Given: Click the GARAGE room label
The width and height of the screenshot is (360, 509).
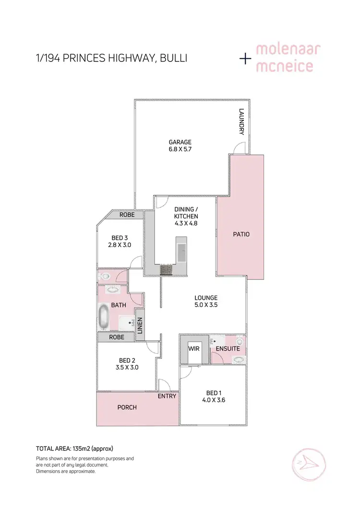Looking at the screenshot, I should pos(180,142).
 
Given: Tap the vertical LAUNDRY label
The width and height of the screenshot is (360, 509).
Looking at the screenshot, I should pos(242,122).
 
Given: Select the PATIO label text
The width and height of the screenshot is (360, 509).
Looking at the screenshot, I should pos(240,235).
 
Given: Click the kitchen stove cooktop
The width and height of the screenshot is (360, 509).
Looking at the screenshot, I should pos(166,270).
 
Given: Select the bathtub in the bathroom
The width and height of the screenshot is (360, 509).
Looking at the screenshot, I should pos(104,317).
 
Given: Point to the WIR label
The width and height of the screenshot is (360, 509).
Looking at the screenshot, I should pos(194,349).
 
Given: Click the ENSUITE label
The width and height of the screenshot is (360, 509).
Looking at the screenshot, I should pos(228,349).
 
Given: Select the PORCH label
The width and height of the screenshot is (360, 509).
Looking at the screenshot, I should pos(127,407).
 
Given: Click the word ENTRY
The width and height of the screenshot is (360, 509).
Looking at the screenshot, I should pos(167,396).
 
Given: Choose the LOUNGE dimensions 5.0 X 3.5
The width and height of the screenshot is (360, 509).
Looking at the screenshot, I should pos(206,305).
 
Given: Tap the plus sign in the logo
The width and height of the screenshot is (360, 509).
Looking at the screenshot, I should pos(246,59).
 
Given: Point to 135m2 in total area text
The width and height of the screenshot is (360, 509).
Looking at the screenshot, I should pos(80,449).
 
